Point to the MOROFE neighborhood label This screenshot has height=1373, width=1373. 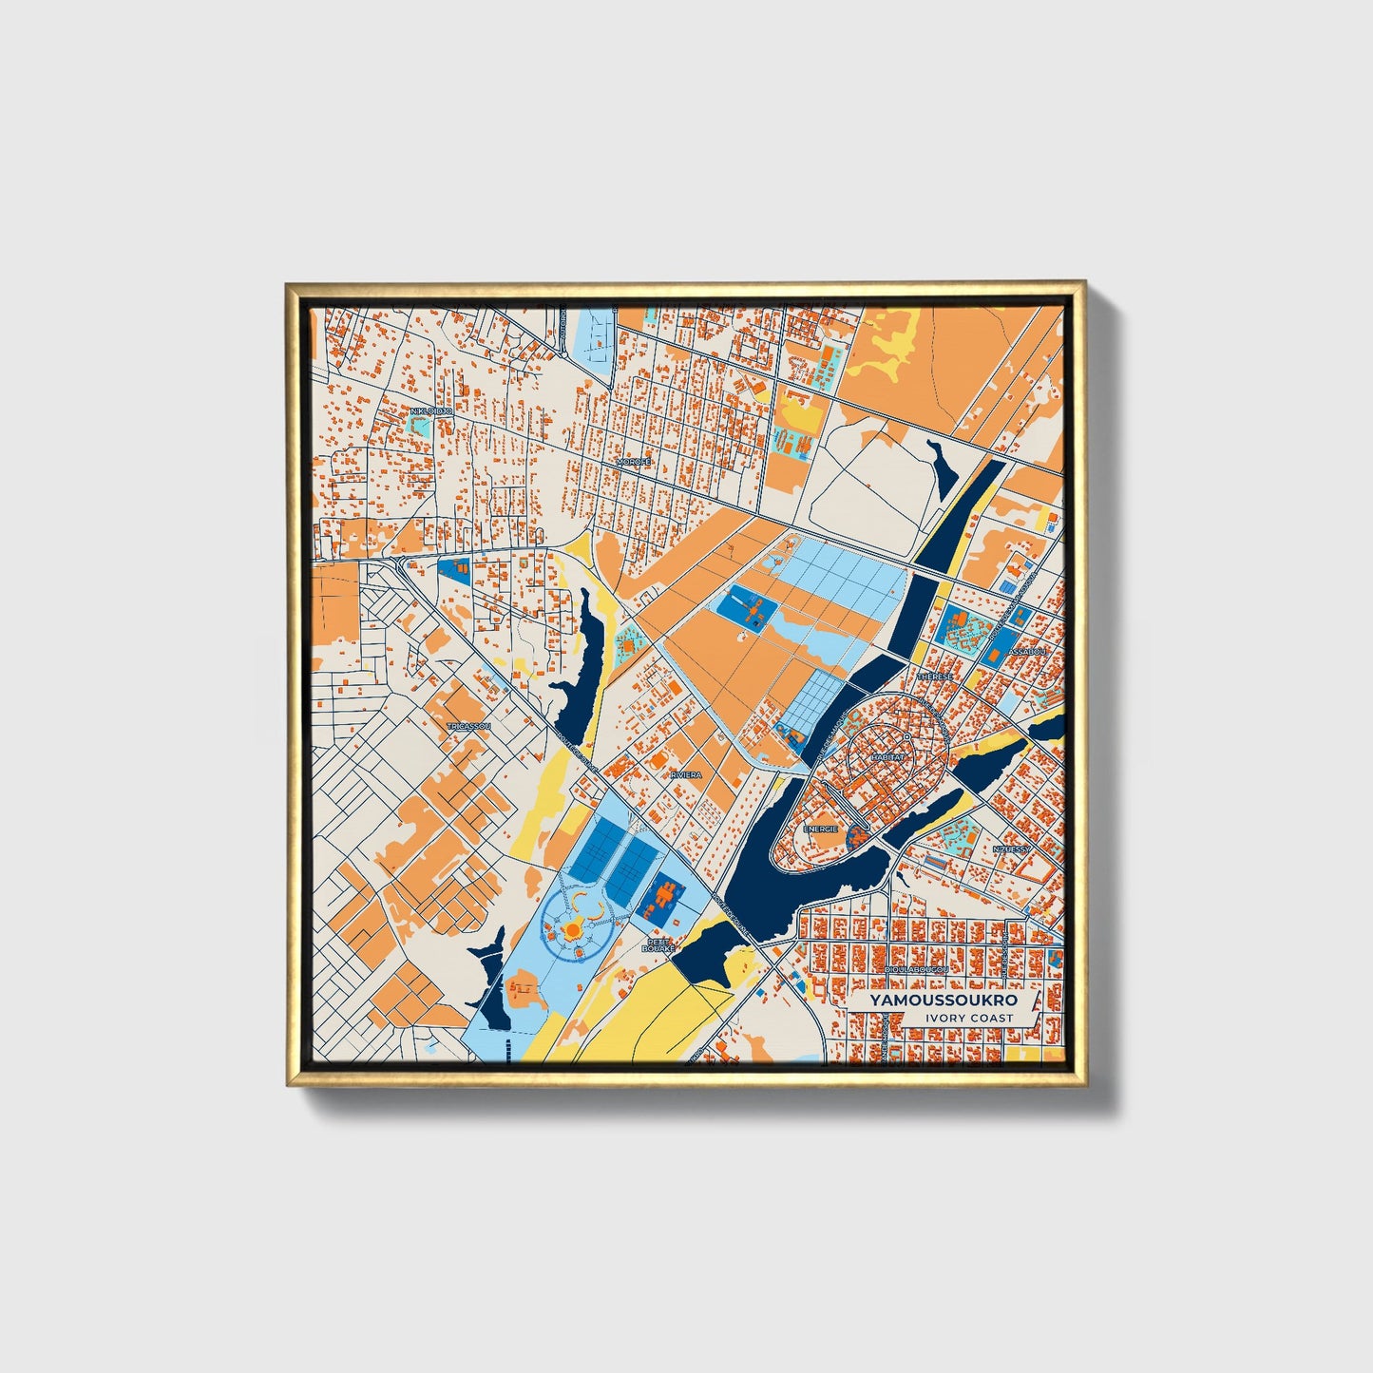click(x=634, y=462)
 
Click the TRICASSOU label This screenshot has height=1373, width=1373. click(x=468, y=726)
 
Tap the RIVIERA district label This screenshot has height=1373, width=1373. click(x=686, y=775)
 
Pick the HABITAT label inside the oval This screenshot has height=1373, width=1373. click(x=887, y=757)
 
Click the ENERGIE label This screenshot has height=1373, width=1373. click(x=821, y=829)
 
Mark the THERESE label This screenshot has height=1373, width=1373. click(x=935, y=676)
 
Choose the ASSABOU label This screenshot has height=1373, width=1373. click(x=1027, y=652)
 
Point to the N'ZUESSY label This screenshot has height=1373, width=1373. click(x=1011, y=849)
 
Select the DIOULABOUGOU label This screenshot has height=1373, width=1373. click(x=916, y=969)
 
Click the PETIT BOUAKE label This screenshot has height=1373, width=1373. click(x=658, y=946)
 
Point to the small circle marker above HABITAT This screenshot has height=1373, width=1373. click(x=907, y=737)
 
